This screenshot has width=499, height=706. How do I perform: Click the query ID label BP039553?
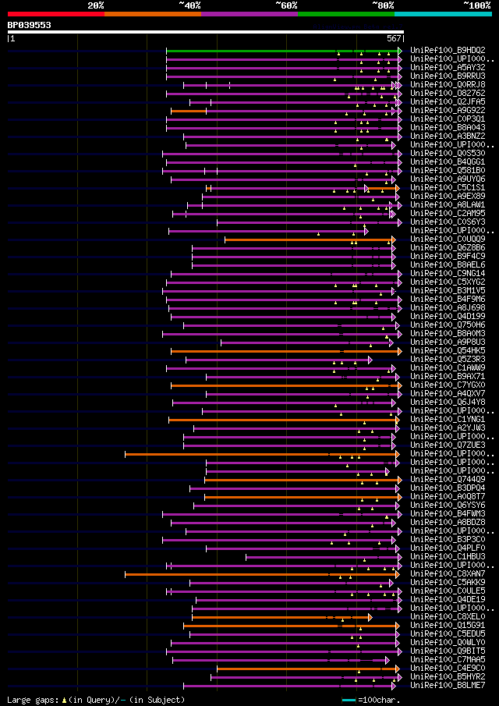pos(30,25)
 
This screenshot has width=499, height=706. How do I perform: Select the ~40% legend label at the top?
pos(189,5)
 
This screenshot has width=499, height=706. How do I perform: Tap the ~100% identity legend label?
pos(476,5)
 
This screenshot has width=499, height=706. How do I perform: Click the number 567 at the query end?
pos(394,37)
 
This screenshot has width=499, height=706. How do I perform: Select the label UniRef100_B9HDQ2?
pos(447,51)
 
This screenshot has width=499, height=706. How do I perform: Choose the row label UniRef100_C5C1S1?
pos(447,188)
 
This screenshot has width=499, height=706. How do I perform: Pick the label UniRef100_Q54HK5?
pos(447,351)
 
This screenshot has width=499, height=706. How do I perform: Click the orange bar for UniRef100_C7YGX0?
pos(281,385)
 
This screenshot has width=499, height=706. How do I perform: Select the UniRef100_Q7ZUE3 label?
pos(447,445)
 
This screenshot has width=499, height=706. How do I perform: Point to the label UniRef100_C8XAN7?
pos(447,574)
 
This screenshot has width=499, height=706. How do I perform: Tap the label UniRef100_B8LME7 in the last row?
pos(447,686)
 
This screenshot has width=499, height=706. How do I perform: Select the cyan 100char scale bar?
pos(349,701)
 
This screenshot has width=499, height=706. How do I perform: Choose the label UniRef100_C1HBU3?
pos(447,557)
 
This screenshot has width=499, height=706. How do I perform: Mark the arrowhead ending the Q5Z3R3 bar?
pos(370,360)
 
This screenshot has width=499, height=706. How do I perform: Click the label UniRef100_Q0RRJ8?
pos(447,85)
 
